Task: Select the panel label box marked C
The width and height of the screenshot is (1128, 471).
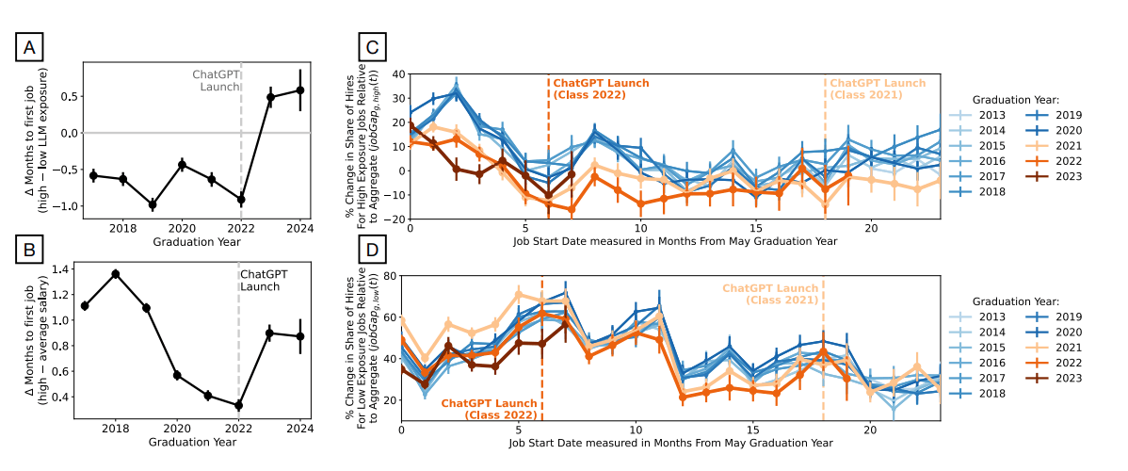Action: tap(374, 47)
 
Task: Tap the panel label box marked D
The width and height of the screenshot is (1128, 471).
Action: tap(374, 251)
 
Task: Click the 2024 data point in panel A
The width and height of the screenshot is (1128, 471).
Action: tap(300, 90)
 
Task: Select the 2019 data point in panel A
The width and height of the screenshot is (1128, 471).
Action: tap(153, 204)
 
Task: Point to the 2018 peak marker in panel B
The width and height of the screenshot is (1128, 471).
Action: tap(116, 274)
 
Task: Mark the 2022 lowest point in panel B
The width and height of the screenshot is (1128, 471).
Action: tap(238, 405)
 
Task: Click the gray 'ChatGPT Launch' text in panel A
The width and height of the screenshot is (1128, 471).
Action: tap(216, 80)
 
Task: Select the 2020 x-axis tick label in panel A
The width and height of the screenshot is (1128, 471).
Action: tap(182, 228)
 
